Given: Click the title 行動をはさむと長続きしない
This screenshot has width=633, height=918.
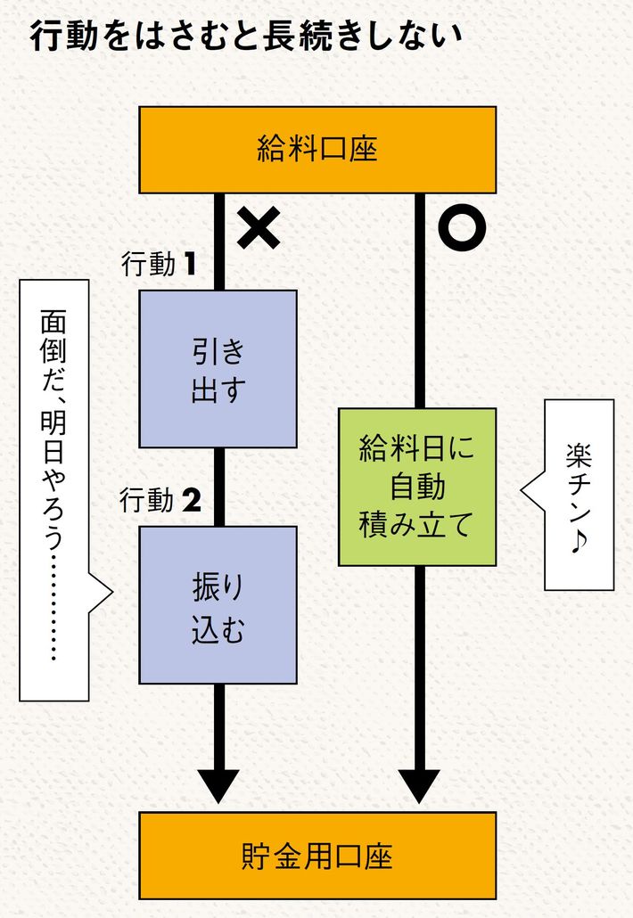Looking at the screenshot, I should pyautogui.click(x=245, y=37).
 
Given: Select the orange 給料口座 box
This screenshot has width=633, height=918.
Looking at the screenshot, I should pyautogui.click(x=317, y=150).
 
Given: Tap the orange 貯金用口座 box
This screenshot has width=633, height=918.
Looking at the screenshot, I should pyautogui.click(x=317, y=856).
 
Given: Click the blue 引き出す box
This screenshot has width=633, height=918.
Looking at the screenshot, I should pyautogui.click(x=218, y=369).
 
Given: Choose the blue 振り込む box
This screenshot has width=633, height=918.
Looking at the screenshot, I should pyautogui.click(x=218, y=605).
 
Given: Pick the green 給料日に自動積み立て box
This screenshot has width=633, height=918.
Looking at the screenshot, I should pyautogui.click(x=416, y=487).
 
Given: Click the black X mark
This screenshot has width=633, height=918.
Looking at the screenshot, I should pyautogui.click(x=259, y=226).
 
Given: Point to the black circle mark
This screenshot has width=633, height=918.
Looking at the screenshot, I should pyautogui.click(x=462, y=227).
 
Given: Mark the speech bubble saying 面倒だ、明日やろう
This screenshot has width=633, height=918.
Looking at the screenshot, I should pyautogui.click(x=54, y=488).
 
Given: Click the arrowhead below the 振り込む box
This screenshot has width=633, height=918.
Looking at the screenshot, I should pyautogui.click(x=218, y=784).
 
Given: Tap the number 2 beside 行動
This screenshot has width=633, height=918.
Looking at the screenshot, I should pyautogui.click(x=191, y=501).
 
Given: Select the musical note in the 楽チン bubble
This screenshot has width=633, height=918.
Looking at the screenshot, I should pyautogui.click(x=580, y=542).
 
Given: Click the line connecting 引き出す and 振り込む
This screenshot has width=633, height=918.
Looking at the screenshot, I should pyautogui.click(x=218, y=487).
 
